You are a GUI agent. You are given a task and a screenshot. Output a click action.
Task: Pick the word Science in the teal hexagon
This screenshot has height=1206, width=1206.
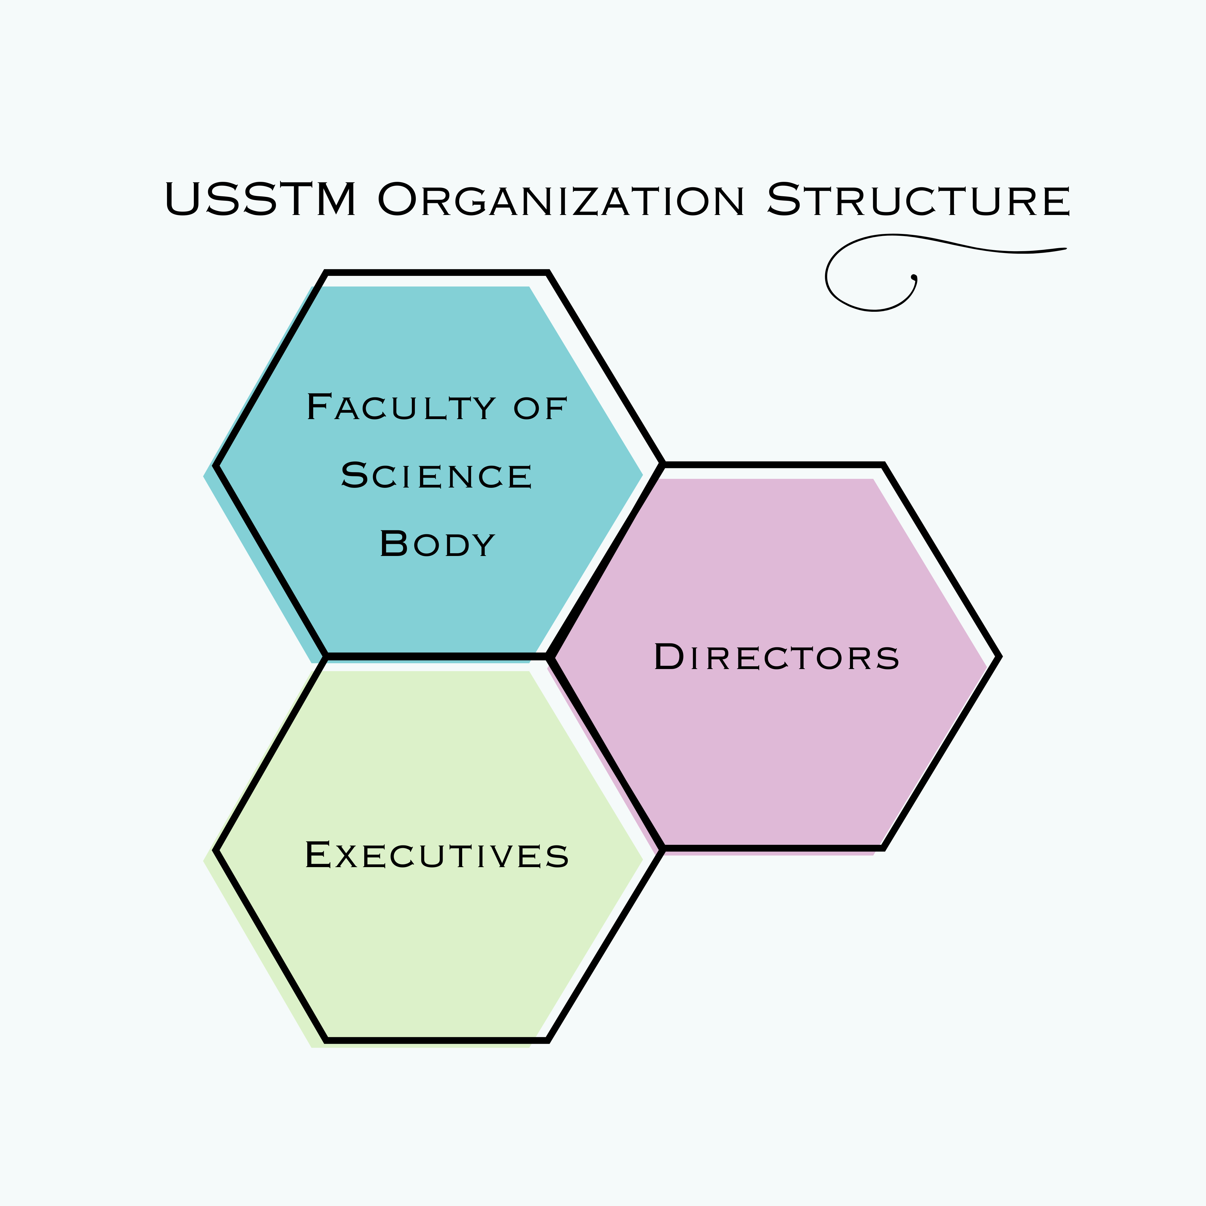click(436, 476)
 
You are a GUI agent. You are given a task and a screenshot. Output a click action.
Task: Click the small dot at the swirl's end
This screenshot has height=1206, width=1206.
click(914, 276)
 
